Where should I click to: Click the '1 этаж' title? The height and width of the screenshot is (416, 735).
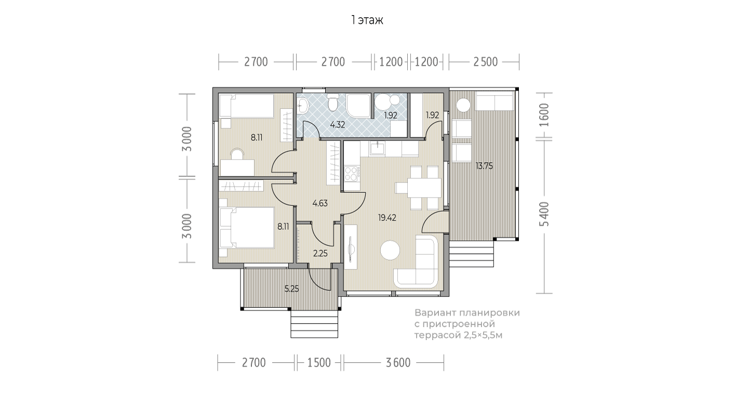coord(367,20)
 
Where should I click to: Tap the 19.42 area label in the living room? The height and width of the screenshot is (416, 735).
coord(387,217)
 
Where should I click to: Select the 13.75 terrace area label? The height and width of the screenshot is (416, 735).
coord(484,166)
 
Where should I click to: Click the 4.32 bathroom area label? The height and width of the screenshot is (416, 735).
coord(338,125)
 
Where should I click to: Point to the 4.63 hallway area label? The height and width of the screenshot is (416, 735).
coord(320,203)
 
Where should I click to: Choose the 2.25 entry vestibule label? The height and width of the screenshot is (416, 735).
coord(320,253)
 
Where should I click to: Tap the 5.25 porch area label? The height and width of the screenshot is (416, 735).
coord(292,289)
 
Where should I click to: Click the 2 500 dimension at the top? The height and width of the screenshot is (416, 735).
coord(486,62)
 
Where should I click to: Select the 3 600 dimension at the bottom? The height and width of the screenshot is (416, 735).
coord(398,363)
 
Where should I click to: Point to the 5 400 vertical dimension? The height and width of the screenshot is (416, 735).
coord(544,214)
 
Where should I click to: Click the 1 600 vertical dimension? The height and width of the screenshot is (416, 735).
coord(544,115)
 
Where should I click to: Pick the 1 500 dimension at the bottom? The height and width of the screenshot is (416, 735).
coord(319,363)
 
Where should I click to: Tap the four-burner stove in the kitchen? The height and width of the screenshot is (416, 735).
coord(352,174)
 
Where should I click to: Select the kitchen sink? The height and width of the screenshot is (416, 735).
coord(377,149)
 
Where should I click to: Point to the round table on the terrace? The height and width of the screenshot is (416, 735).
coord(463,105)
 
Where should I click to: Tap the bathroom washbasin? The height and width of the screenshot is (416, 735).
coord(302,106)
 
